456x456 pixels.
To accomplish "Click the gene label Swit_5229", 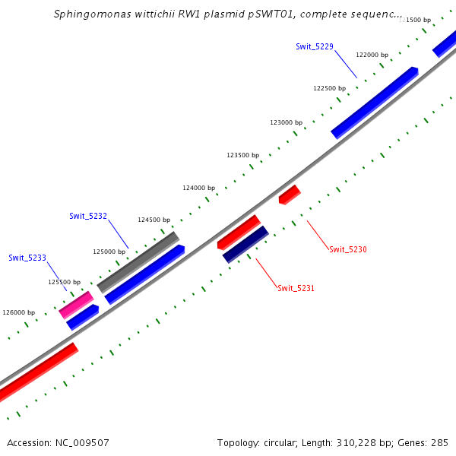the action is (315, 47).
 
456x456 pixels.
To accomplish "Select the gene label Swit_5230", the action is (348, 249).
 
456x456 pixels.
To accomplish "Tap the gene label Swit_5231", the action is (296, 288).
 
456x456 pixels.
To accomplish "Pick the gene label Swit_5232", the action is (88, 216).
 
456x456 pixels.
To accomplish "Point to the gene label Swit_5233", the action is (27, 258).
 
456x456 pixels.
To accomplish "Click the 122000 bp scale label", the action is (372, 55).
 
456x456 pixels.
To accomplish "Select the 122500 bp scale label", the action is (329, 88).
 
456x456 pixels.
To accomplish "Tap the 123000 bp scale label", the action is (286, 122).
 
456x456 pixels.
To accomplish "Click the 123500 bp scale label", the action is (242, 155).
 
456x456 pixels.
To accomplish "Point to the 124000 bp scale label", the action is (198, 188).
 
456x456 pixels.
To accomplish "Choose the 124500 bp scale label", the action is (154, 220).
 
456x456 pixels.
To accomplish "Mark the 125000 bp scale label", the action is (109, 251).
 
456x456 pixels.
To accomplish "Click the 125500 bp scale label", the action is (64, 282).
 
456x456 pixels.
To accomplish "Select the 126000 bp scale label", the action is (19, 312).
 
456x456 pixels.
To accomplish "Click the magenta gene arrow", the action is (76, 305).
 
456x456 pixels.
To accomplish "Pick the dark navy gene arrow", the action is (245, 244).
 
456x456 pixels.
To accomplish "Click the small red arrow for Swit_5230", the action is (290, 195).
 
